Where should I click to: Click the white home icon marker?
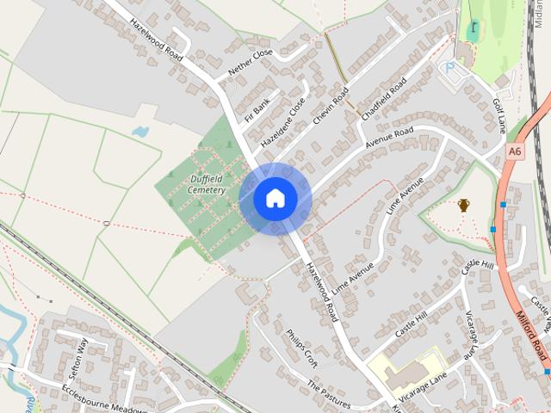coord(275,198)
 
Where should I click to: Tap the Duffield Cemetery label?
coord(207,184)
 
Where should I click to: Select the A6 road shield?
coord(515,151)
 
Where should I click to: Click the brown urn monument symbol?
coord(464,205)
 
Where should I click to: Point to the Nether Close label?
coord(251,59)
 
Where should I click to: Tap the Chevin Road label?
coord(331,105)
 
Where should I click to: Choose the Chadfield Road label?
coord(385,98)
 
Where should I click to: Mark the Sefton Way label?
coord(77,359)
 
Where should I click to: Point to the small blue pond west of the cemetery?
coord(140,133)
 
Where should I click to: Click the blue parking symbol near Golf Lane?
coord(448,65)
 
